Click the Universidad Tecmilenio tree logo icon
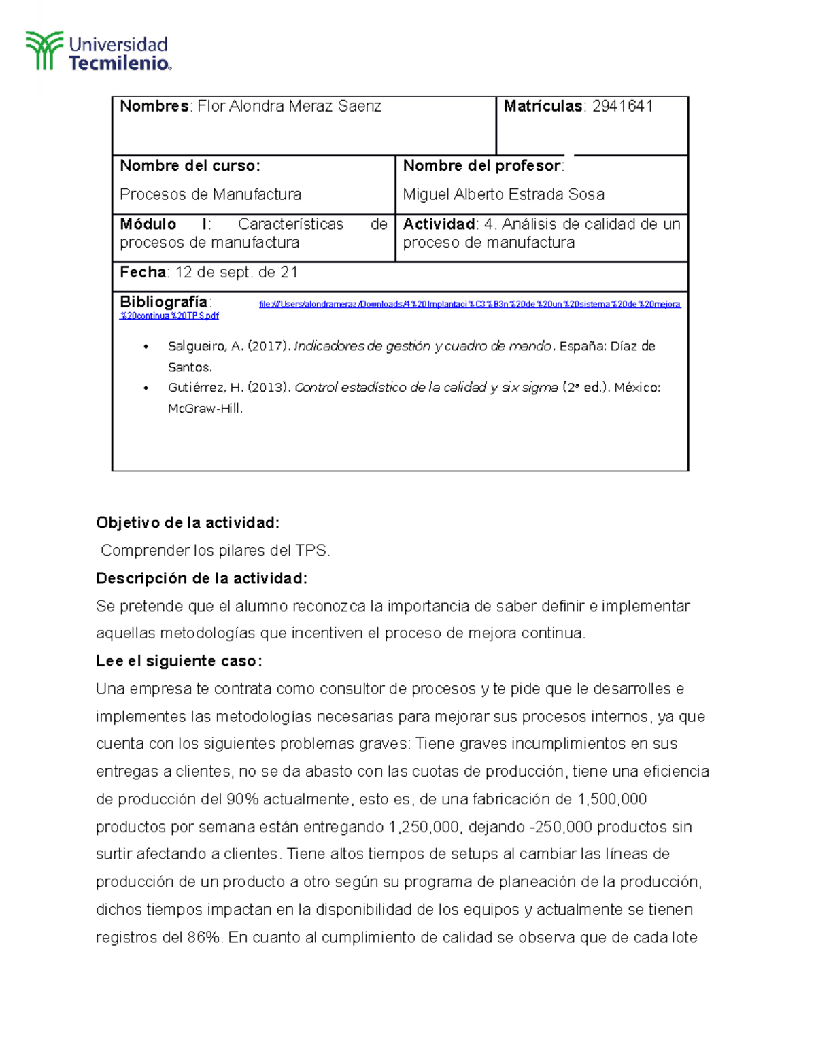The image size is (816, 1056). coord(44,50)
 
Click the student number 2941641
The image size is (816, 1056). coord(622,106)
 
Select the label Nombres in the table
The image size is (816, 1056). coord(154,106)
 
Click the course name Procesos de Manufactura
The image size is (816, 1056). coord(210,194)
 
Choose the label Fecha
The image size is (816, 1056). coord(143,273)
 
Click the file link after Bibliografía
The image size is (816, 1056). coord(469,305)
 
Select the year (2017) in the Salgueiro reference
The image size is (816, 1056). coord(269,346)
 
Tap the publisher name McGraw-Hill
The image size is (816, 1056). coord(205,409)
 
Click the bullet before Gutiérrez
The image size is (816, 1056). coord(146,388)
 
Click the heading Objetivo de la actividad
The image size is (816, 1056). coord(188,523)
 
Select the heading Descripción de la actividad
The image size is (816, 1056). coord(201,579)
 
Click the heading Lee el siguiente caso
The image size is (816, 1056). coord(179,661)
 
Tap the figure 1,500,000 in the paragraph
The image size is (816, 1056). coord(612,799)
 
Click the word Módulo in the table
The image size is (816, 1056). coord(148,224)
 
